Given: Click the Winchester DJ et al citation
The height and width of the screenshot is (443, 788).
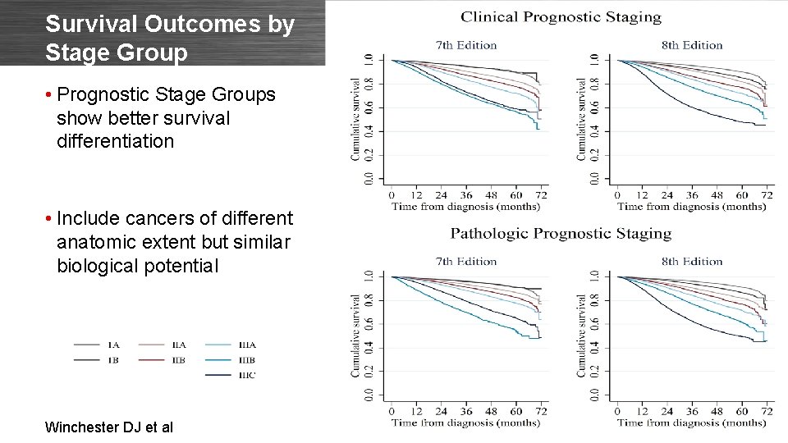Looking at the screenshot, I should pyautogui.click(x=109, y=427).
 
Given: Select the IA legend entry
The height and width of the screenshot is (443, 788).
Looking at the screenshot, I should pyautogui.click(x=113, y=345).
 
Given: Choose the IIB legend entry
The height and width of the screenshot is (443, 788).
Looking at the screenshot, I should pyautogui.click(x=179, y=359).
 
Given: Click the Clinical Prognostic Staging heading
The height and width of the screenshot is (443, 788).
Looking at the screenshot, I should pyautogui.click(x=561, y=16).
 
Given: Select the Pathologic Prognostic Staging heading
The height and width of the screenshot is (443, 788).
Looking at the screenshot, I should pyautogui.click(x=561, y=234).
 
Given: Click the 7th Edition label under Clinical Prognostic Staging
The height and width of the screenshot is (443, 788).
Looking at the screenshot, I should pyautogui.click(x=466, y=44).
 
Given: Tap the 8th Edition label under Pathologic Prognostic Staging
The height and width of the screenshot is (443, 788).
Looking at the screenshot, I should pyautogui.click(x=692, y=262).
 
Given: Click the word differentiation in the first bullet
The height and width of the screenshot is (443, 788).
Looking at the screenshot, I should pyautogui.click(x=116, y=141).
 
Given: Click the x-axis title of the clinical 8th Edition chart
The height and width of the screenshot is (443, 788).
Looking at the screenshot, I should pyautogui.click(x=692, y=207).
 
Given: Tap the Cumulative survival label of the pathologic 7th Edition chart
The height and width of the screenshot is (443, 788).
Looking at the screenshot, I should pyautogui.click(x=355, y=336).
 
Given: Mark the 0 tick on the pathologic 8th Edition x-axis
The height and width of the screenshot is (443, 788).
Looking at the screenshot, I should pyautogui.click(x=617, y=411).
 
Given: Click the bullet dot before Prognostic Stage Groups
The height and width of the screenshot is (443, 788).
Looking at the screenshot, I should pyautogui.click(x=50, y=95).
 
